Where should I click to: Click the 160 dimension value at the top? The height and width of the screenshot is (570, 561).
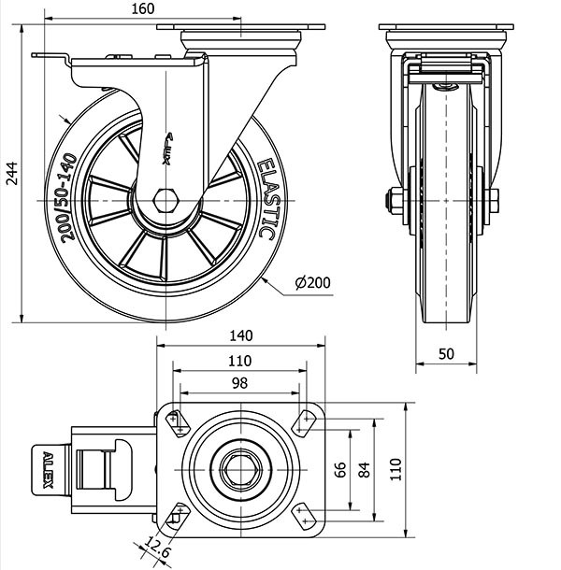143,9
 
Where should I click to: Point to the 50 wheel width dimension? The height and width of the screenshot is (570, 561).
446,354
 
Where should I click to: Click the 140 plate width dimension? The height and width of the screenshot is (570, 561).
240,335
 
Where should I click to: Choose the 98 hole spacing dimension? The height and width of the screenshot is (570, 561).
239,384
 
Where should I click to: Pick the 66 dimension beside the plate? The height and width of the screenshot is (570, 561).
340,467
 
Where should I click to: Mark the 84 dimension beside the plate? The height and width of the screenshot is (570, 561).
364,467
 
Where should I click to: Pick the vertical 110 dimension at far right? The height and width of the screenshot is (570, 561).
395,467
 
